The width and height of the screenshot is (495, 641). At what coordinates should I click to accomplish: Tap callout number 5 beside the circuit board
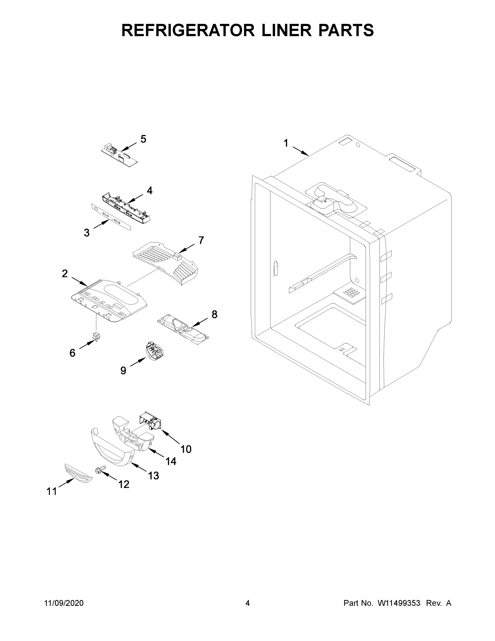click(x=143, y=139)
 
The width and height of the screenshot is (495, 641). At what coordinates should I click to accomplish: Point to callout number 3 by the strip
click(x=86, y=233)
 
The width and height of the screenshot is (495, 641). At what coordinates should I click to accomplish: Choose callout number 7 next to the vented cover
click(x=201, y=240)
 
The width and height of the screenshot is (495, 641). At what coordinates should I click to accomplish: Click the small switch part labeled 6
click(x=96, y=337)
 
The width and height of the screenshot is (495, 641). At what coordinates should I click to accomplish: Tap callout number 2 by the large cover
click(x=65, y=273)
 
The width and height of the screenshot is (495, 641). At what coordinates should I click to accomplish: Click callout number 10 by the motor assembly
click(x=186, y=449)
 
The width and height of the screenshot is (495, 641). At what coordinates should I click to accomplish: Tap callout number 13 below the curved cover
click(x=153, y=475)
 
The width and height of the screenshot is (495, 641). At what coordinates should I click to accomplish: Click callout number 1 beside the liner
click(x=286, y=143)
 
